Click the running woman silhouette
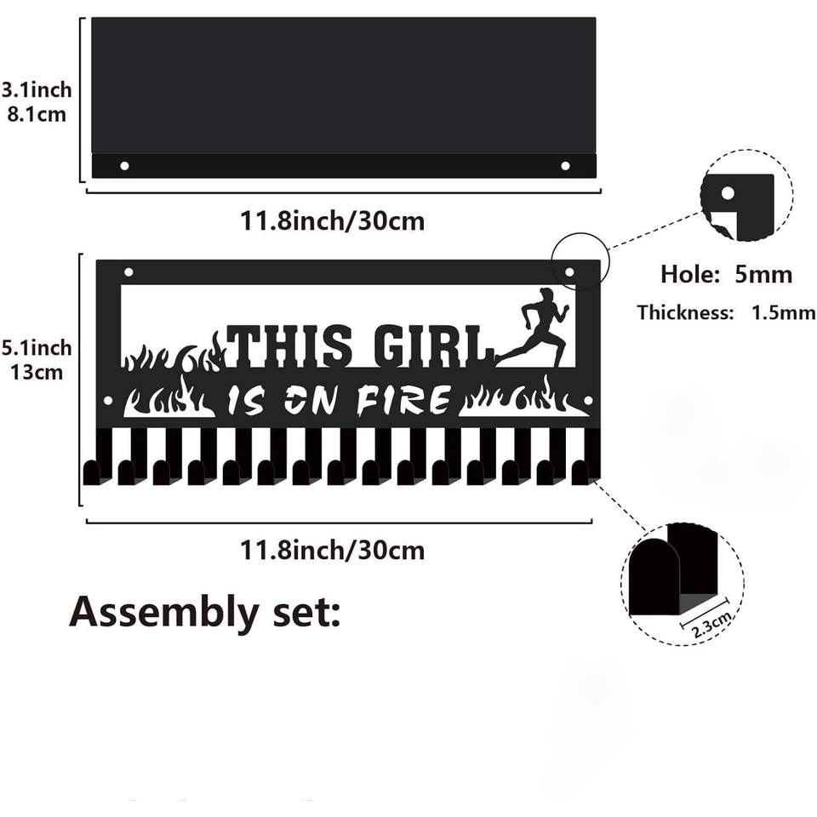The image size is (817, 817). pyautogui.click(x=538, y=328)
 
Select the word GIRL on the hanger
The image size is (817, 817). pyautogui.click(x=433, y=346)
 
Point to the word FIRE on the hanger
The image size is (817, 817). pyautogui.click(x=403, y=400)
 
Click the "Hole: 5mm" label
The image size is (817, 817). pyautogui.click(x=726, y=274)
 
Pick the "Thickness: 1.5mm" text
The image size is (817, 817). pyautogui.click(x=726, y=312)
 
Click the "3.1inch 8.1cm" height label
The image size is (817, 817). pyautogui.click(x=36, y=101)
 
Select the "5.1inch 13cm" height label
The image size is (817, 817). pyautogui.click(x=36, y=359)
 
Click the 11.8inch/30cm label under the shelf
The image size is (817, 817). pyautogui.click(x=332, y=221)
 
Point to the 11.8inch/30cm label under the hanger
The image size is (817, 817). pyautogui.click(x=332, y=550)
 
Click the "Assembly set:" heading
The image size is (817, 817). pyautogui.click(x=204, y=611)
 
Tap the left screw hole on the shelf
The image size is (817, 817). pyautogui.click(x=124, y=165)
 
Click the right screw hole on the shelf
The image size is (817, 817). pyautogui.click(x=565, y=165)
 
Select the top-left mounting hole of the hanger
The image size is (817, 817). pyautogui.click(x=129, y=272)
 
